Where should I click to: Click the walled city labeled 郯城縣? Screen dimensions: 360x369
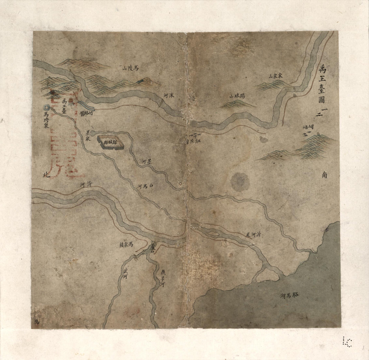point(110,142)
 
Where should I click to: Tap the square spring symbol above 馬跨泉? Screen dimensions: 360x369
point(47,108)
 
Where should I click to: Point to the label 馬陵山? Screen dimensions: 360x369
point(130,68)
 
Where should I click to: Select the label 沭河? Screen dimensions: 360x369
point(169,95)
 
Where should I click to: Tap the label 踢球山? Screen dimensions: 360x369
point(237,96)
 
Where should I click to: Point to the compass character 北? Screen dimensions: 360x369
point(46,175)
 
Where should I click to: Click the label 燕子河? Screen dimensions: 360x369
point(162,278)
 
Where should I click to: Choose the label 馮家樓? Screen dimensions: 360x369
point(126,245)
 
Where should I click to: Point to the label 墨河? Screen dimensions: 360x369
point(146,161)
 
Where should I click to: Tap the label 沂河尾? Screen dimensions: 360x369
point(253,235)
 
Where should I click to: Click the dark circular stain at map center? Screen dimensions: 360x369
point(240,182)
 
